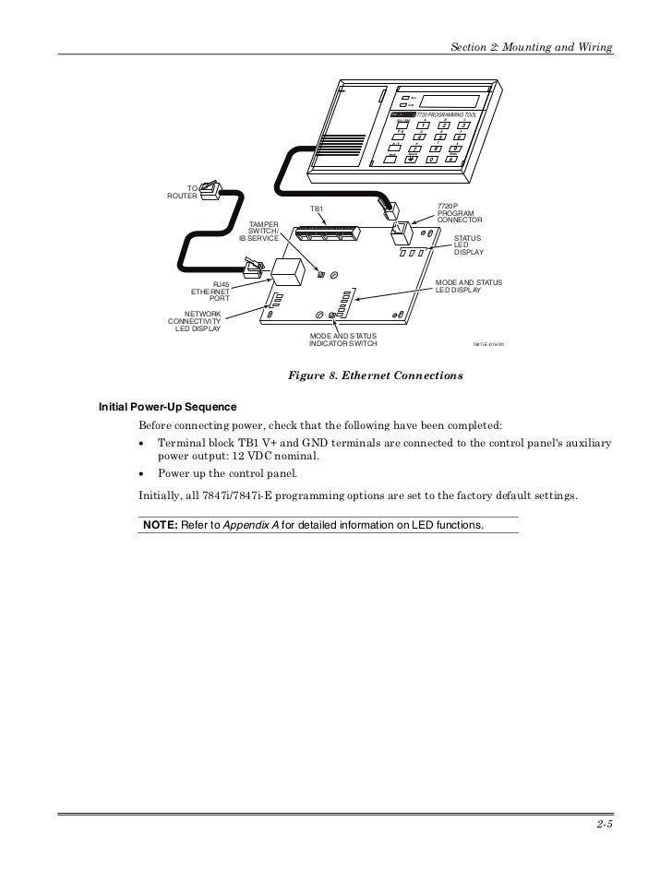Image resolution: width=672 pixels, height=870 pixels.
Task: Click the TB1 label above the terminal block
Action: [316, 210]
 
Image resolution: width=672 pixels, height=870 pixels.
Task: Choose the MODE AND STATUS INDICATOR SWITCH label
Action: [342, 340]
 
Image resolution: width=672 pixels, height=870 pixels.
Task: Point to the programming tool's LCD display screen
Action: [449, 100]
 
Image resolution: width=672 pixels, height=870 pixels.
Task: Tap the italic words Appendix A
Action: [252, 524]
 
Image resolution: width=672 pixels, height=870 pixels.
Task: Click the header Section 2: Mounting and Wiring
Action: [531, 47]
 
